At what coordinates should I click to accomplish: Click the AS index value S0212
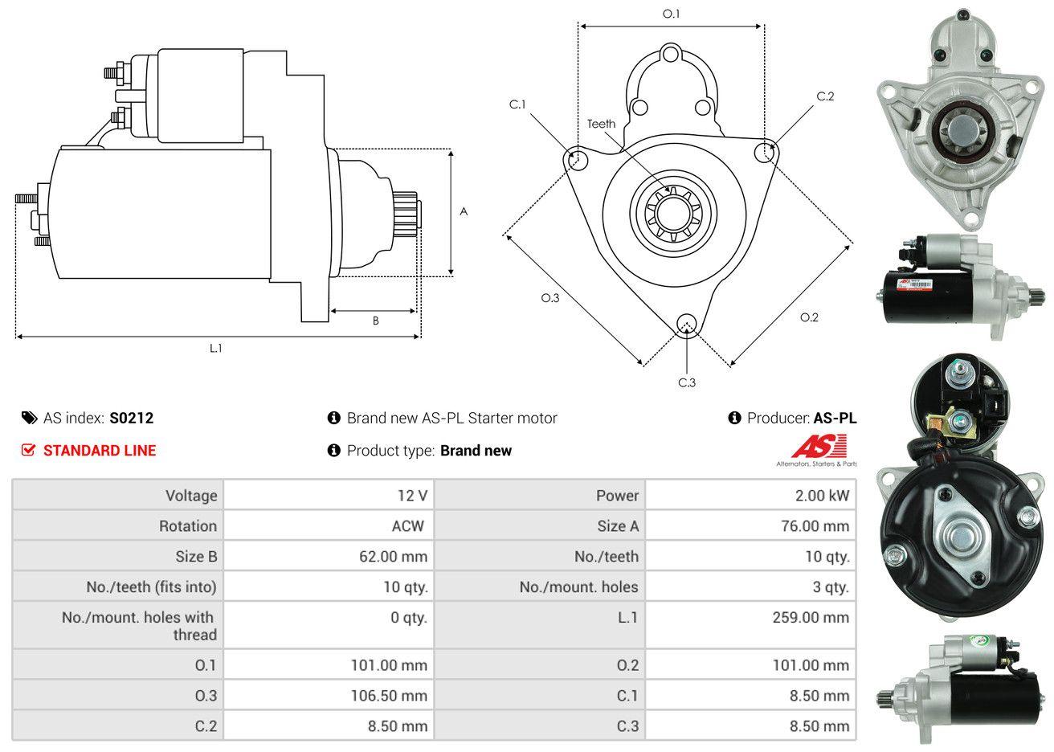tap(131, 418)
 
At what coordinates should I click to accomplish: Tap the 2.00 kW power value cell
tap(822, 496)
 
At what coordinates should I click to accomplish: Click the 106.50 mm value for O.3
tap(389, 696)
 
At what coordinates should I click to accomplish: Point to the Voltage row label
tap(191, 496)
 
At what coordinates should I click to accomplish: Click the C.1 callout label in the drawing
tap(517, 104)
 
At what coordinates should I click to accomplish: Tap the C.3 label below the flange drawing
tap(687, 382)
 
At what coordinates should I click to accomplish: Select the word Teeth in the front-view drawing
tap(601, 124)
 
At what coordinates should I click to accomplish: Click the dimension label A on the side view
tap(464, 212)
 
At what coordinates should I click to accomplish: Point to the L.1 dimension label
tap(215, 348)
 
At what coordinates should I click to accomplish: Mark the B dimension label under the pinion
tap(375, 321)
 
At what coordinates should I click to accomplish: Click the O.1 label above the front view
tap(671, 14)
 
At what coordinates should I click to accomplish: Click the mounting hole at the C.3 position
tap(686, 324)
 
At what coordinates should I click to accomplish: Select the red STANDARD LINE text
tap(100, 451)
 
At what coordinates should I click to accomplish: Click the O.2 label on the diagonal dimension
tap(809, 317)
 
